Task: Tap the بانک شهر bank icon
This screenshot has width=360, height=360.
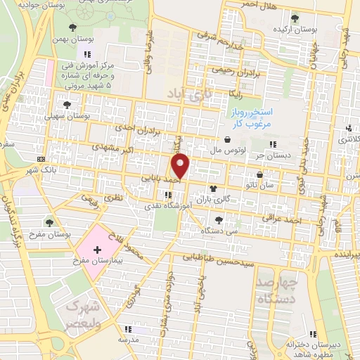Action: click(40, 158)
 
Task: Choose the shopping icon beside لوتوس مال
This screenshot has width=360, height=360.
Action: click(227, 139)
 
